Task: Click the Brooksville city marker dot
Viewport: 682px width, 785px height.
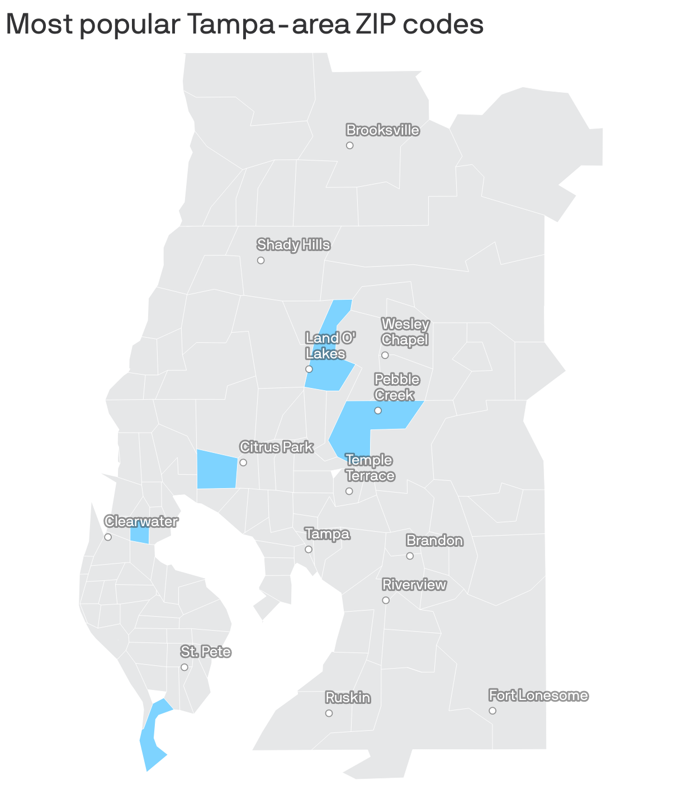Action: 349,145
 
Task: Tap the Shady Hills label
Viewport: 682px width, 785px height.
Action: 293,245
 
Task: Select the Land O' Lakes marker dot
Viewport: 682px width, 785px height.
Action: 309,369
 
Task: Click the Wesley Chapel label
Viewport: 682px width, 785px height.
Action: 405,332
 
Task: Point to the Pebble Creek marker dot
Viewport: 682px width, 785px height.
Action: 378,410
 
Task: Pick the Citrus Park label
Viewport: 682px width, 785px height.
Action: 276,447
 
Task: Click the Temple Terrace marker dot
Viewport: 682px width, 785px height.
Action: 349,491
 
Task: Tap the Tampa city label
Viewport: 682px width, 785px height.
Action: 328,534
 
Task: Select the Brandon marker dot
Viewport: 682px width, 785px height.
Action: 410,556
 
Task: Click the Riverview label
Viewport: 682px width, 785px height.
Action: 414,585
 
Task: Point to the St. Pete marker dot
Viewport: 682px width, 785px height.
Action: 184,667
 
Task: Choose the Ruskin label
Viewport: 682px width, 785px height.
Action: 348,698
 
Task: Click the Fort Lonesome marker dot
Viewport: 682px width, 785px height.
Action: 492,711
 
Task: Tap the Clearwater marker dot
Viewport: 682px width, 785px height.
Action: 108,537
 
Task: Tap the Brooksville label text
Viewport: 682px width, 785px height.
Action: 382,130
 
